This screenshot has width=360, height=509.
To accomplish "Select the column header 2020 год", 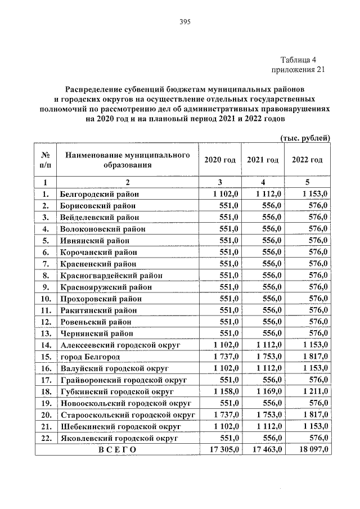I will click(220, 160).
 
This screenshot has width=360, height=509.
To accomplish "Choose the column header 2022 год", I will click(307, 160).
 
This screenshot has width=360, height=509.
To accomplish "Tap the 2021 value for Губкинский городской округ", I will click(269, 390).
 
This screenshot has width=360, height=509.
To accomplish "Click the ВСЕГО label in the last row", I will click(117, 449).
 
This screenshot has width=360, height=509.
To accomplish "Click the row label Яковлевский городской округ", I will click(118, 437).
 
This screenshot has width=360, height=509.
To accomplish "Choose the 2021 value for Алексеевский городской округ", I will click(269, 345).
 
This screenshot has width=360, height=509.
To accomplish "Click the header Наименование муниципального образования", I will click(127, 160).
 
